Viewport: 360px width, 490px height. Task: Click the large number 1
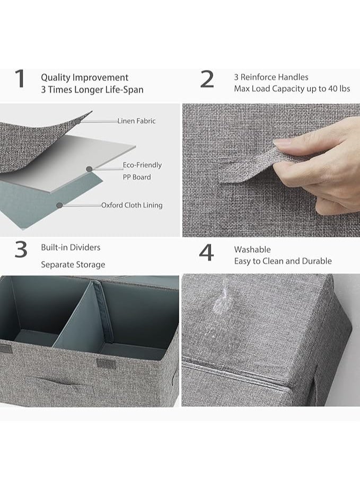click(x=20, y=79)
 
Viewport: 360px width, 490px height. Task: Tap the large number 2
click(x=207, y=79)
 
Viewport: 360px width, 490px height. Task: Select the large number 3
click(x=21, y=250)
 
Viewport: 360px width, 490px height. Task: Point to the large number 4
click(x=206, y=253)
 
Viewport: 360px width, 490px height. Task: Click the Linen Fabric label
click(x=136, y=121)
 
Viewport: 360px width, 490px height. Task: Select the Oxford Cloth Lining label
click(x=131, y=206)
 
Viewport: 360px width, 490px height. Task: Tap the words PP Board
click(x=137, y=177)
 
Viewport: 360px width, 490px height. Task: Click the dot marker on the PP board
click(x=89, y=169)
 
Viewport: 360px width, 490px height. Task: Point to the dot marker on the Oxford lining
click(x=59, y=206)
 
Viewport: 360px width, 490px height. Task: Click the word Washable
click(x=252, y=250)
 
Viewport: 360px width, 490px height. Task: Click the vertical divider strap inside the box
click(x=102, y=313)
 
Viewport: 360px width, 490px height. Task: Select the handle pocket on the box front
click(x=56, y=384)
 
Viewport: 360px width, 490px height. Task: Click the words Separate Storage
click(x=73, y=265)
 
